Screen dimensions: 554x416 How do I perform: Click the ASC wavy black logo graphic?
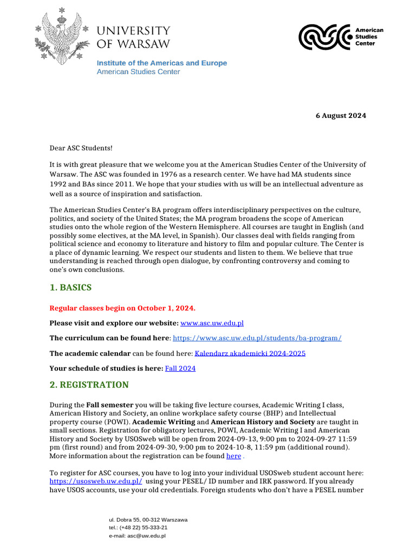324,37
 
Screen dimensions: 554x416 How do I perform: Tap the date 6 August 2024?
341,116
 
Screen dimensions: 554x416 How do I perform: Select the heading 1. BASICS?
70,288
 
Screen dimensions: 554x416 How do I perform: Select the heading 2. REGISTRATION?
89,385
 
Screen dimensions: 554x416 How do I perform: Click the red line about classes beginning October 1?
122,308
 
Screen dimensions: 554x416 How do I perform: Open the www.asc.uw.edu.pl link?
212,323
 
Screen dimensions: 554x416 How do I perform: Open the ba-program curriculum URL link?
257,338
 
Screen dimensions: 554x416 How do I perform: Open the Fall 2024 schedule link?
180,368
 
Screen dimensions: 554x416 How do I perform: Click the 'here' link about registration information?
233,456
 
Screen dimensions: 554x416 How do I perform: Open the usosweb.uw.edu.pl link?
96,481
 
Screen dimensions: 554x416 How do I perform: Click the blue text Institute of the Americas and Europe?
162,63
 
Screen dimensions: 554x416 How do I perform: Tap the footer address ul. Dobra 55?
148,519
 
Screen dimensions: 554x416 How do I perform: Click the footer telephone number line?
138,527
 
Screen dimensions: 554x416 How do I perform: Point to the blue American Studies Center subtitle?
138,72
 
